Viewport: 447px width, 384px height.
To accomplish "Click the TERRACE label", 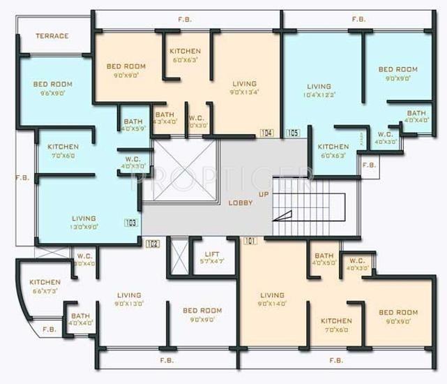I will pos(52,36).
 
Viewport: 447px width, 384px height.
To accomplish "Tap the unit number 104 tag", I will pos(266,133).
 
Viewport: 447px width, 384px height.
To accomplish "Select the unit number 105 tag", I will pos(292,133).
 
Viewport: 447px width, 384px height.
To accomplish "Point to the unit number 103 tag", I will pos(130,223).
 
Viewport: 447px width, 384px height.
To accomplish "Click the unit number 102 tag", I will pos(153,244).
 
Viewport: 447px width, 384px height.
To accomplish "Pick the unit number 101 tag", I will pos(251,241).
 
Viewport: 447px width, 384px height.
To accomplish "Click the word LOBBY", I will pos(240,202).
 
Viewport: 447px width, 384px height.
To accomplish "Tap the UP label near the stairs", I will pos(264,193).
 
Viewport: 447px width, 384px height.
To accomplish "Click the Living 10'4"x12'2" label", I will pos(319,90).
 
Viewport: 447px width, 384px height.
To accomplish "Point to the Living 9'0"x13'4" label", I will pos(244,87).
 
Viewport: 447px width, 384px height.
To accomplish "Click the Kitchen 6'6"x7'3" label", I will pos(45,286).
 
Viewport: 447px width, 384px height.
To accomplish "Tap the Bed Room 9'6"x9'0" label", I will pos(52,88).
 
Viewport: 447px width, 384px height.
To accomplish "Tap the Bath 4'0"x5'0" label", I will pos(324,259).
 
